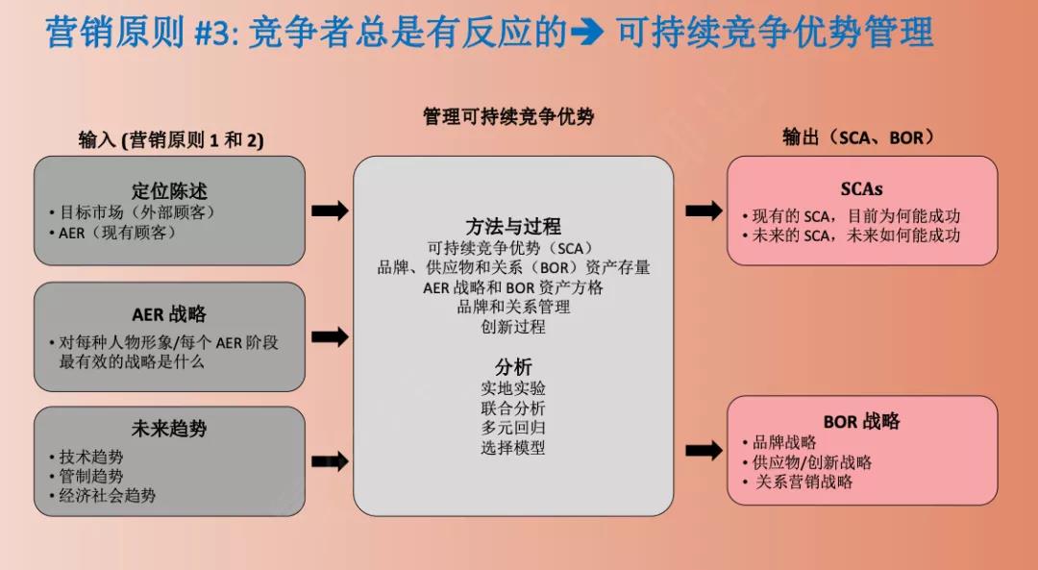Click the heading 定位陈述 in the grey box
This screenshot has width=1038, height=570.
click(169, 191)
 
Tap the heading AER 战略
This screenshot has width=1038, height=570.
click(169, 314)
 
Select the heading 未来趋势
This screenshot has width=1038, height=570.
click(169, 429)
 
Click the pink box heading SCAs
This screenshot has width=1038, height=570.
click(861, 188)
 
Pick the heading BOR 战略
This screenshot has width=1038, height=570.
click(861, 421)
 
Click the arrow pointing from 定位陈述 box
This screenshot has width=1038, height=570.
click(330, 211)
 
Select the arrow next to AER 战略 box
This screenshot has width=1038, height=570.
click(330, 336)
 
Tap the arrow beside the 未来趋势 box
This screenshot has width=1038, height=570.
click(330, 461)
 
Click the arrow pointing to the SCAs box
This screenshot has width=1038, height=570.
click(704, 211)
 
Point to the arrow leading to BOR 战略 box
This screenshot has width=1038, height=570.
click(704, 450)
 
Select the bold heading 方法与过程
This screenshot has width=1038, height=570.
click(513, 227)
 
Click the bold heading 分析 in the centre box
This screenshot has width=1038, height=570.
click(513, 367)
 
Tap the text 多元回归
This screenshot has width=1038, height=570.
click(513, 428)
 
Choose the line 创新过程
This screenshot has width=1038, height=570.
click(513, 327)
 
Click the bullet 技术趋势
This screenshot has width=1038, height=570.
click(91, 457)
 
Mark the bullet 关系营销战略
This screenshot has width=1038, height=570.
click(803, 482)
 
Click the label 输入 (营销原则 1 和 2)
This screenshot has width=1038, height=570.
click(171, 140)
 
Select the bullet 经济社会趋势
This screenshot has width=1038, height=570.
click(108, 496)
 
